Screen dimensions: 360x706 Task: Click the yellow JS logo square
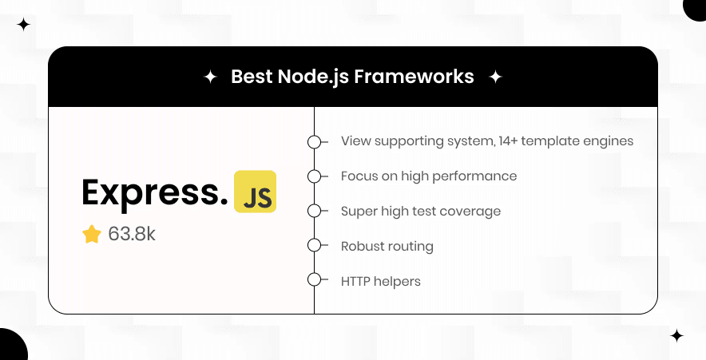click(255, 192)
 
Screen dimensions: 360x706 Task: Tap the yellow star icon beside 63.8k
click(92, 234)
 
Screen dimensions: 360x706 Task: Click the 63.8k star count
click(132, 234)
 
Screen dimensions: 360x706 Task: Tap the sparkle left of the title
click(210, 77)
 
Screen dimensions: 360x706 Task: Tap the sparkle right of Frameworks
click(495, 77)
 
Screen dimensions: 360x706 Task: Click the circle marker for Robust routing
click(315, 246)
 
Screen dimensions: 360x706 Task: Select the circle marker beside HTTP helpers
click(315, 280)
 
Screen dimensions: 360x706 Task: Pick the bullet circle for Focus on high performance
click(315, 176)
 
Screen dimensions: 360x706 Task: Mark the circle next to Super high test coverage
click(315, 211)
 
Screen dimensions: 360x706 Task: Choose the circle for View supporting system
click(315, 141)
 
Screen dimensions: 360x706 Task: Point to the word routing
click(411, 247)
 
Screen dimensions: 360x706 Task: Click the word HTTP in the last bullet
click(357, 281)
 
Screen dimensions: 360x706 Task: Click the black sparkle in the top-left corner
click(24, 25)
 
